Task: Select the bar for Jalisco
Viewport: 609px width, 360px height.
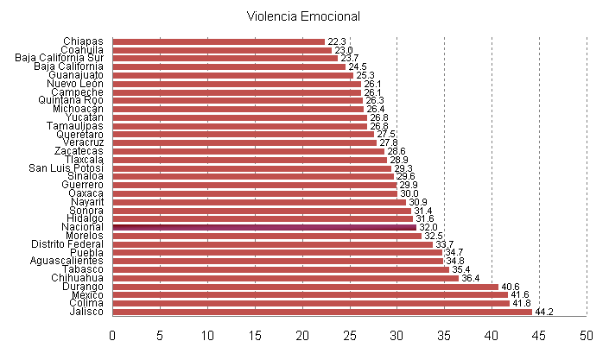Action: pyautogui.click(x=322, y=312)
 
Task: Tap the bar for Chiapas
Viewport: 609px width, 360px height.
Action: pyautogui.click(x=219, y=41)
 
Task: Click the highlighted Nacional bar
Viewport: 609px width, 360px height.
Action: pyautogui.click(x=264, y=227)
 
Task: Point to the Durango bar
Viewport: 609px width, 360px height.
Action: pyautogui.click(x=305, y=287)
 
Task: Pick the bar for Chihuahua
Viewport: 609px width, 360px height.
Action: pyautogui.click(x=285, y=278)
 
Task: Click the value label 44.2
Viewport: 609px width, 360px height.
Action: pyautogui.click(x=544, y=312)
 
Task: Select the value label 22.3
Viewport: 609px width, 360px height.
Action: pyautogui.click(x=337, y=41)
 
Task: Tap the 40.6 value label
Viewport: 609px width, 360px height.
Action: pyautogui.click(x=510, y=287)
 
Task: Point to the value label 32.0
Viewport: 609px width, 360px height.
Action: pyautogui.click(x=428, y=227)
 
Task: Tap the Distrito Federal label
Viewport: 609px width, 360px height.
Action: pyautogui.click(x=67, y=244)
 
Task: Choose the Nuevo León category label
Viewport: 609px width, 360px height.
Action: pyautogui.click(x=75, y=84)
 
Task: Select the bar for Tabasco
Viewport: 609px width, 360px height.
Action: pyautogui.click(x=281, y=269)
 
